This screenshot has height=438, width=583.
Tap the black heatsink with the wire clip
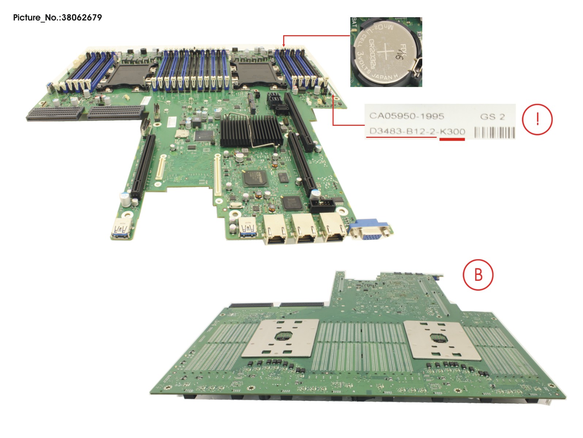251,131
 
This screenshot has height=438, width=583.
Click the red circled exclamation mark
537,119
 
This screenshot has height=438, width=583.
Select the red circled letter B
478,274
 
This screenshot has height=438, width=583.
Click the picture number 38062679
82,18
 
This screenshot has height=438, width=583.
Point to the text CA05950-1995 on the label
407,116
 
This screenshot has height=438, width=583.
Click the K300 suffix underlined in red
452,132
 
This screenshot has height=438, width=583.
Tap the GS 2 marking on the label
492,117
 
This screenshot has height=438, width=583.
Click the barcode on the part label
495,132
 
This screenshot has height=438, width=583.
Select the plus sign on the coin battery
384,52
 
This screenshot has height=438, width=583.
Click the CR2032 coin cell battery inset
386,52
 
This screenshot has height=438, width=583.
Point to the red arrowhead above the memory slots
284,44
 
